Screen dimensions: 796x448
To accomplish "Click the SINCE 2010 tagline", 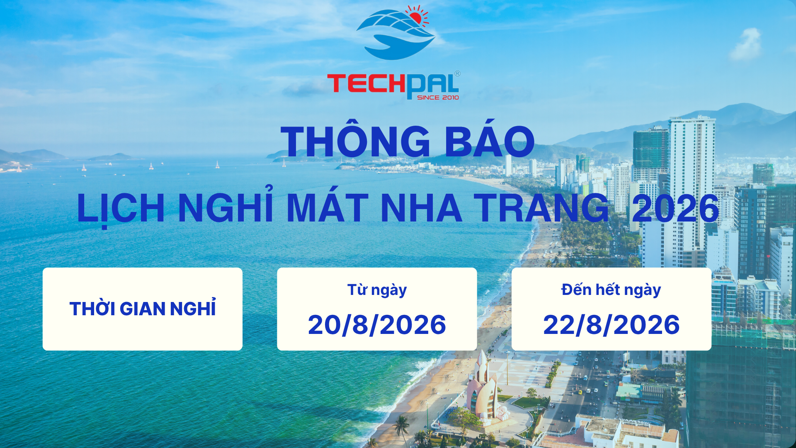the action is tap(438, 97).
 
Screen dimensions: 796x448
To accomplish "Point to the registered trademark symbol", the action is tap(457, 73).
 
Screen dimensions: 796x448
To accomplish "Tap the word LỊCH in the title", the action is tap(121, 208).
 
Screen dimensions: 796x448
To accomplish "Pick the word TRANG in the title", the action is tap(541, 207).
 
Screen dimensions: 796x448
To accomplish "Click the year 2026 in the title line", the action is tap(675, 208).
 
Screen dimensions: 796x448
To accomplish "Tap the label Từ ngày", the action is tap(377, 290).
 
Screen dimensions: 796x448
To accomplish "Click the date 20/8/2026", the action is tap(377, 324).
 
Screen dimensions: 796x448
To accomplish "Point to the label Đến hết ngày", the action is tap(611, 290).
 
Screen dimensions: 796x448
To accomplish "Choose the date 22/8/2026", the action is tap(612, 324).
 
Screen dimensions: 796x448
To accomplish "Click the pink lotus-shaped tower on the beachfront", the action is tap(482, 390).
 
